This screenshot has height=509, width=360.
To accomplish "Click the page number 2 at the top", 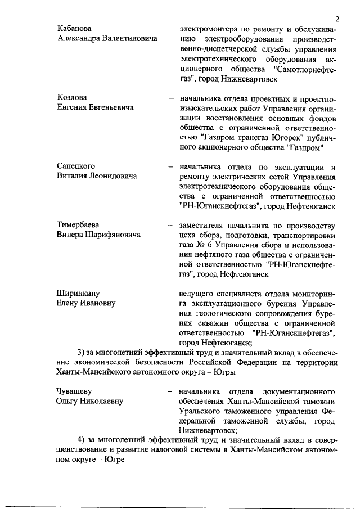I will [x=336, y=18].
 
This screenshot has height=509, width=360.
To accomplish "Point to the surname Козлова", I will [x=72, y=97].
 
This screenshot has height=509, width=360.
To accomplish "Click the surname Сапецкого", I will [x=76, y=166].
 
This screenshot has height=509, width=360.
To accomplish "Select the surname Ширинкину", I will [x=78, y=293].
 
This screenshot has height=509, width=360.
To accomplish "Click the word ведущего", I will [x=196, y=293].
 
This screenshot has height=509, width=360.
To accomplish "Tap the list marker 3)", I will [x=80, y=353].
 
